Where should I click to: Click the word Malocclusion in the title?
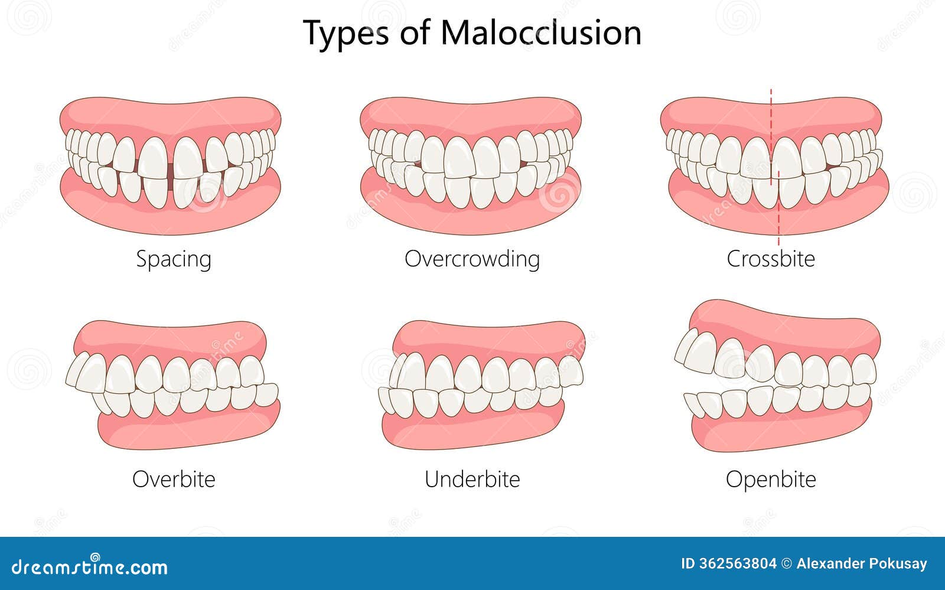tap(540, 33)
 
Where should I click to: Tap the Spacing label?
tap(174, 259)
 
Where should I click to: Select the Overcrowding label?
tap(472, 259)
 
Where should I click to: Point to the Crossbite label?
tap(770, 259)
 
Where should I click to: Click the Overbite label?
tap(174, 478)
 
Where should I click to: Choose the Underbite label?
tap(472, 478)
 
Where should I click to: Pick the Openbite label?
tap(770, 478)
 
